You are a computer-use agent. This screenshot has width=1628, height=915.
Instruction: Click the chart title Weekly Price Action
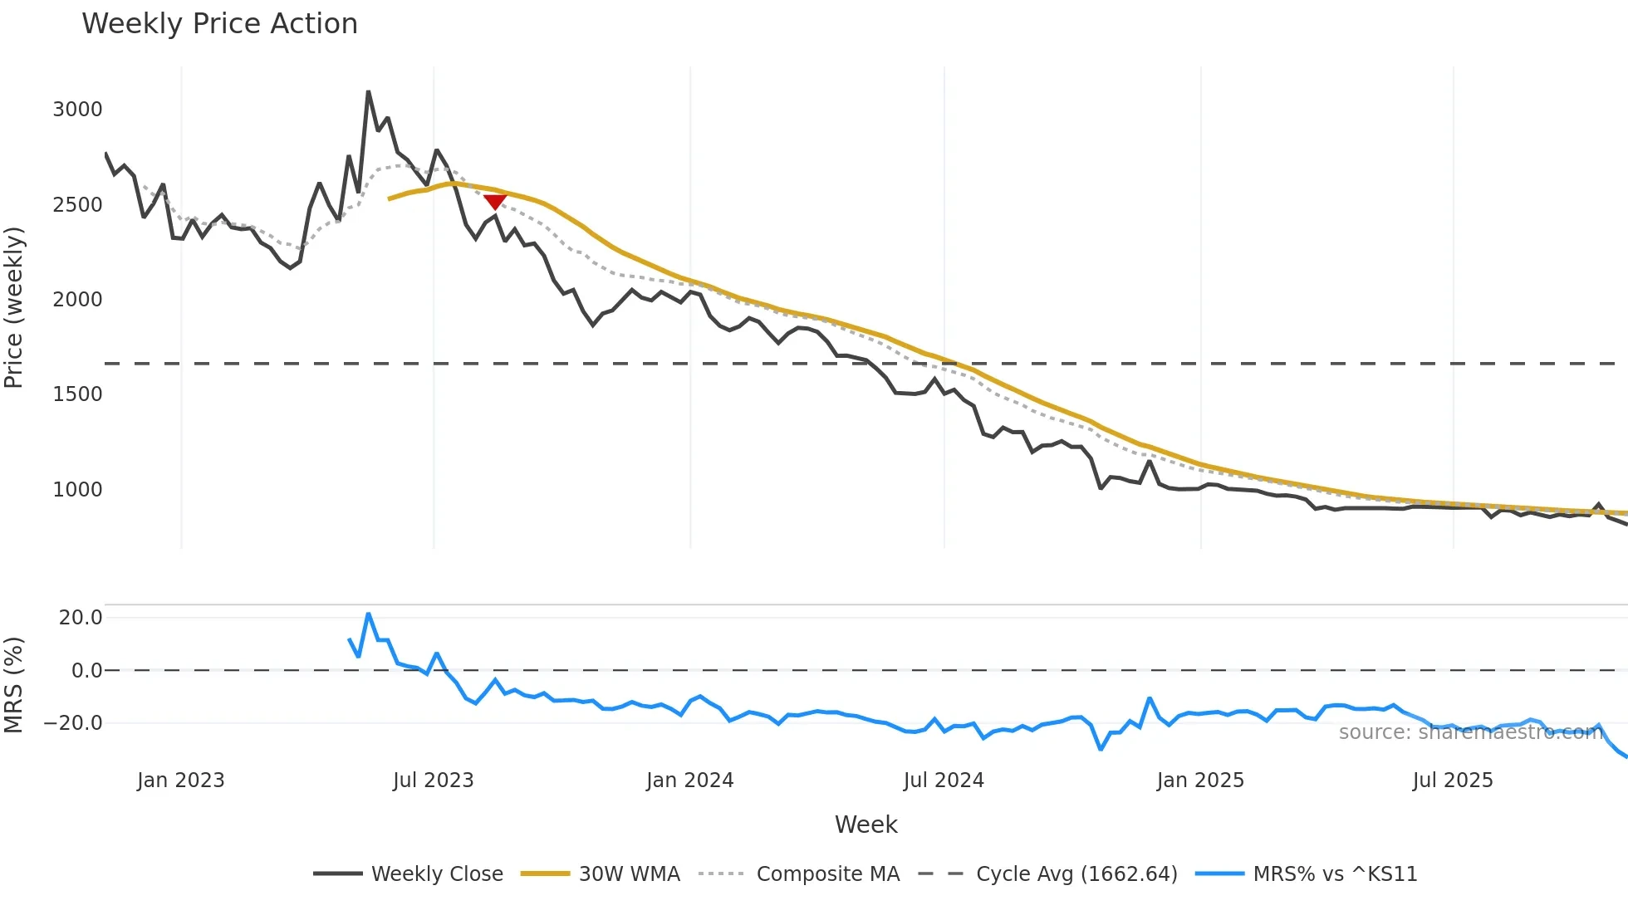pos(219,24)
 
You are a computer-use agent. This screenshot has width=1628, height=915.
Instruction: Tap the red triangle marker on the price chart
pos(495,202)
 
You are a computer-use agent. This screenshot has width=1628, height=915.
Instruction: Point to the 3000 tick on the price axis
pos(77,110)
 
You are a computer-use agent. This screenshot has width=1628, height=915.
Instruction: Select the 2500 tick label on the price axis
pos(77,205)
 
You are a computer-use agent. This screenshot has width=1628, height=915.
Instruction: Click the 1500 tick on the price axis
pos(77,394)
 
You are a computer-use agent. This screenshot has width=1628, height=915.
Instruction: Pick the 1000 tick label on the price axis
pos(77,490)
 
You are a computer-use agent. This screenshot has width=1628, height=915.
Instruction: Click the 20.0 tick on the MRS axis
pos(81,618)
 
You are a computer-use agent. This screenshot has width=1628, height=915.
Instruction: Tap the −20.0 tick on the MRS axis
pos(73,723)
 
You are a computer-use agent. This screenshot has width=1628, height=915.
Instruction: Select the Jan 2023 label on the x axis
pos(180,780)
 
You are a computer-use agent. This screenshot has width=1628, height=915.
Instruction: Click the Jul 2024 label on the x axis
pos(944,780)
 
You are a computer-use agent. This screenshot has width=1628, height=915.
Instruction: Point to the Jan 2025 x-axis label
pos(1200,780)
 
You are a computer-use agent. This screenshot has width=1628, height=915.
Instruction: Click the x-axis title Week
pos(865,825)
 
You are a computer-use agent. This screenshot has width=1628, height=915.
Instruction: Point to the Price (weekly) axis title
pos(13,307)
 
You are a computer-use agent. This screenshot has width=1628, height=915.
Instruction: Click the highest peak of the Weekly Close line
pos(368,92)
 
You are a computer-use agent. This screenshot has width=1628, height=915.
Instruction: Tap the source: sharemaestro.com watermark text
pos(1470,732)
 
